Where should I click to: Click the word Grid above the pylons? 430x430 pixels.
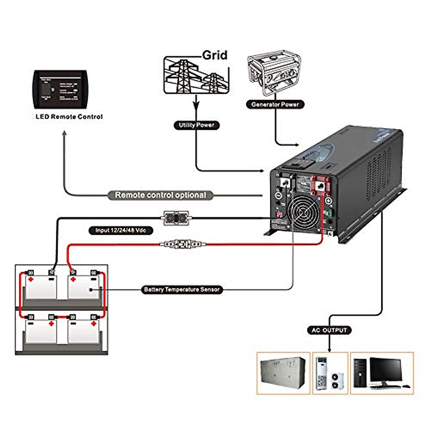[x=215, y=55]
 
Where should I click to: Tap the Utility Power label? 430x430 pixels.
[x=196, y=125]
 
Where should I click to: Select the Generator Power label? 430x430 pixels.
[x=275, y=104]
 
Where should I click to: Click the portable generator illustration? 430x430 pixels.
[x=274, y=75]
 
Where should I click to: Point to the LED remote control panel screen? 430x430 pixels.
[x=60, y=89]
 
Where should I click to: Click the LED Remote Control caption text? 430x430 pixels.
[x=69, y=117]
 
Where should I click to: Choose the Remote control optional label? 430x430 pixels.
[x=160, y=195]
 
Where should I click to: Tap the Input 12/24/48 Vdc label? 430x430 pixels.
[x=120, y=230]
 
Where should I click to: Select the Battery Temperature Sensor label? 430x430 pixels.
[x=182, y=290]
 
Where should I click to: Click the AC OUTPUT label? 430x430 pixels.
[x=329, y=330]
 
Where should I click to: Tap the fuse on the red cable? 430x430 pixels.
[x=183, y=244]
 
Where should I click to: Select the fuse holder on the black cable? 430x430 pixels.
[x=176, y=218]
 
